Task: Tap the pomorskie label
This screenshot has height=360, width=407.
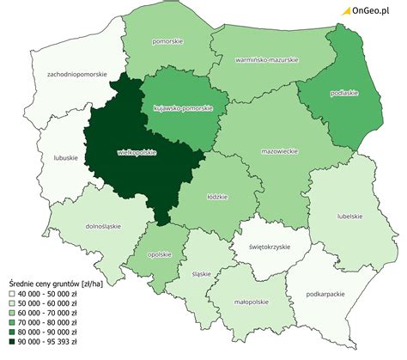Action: pos(166,40)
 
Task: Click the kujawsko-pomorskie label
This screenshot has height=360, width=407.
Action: pos(183,109)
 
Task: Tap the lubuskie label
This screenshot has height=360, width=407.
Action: pos(65,157)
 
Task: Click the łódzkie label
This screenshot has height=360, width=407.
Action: pos(216,197)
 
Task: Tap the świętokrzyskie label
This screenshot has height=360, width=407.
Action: pos(267,247)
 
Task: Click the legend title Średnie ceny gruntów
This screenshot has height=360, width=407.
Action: pos(52,283)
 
